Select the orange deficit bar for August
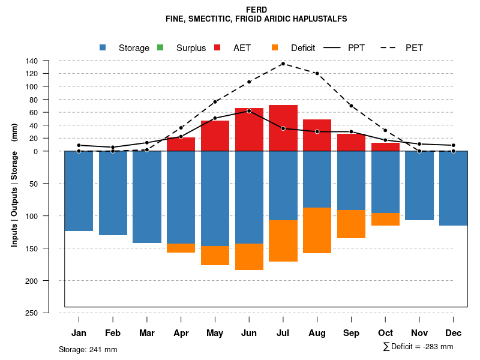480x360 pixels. tap(317, 230)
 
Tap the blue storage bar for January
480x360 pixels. tap(79, 191)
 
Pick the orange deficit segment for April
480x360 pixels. tap(181, 248)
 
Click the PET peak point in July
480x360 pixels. tap(283, 64)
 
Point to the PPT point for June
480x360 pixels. tap(249, 111)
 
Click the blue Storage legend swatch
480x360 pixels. tap(103, 47)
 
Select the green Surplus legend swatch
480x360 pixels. tap(160, 47)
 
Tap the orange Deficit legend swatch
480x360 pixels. tap(275, 47)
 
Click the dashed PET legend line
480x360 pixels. tap(391, 47)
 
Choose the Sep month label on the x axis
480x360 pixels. tap(351, 333)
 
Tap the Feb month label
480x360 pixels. tap(113, 333)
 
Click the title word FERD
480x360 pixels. tap(257, 10)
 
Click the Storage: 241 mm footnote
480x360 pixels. tap(88, 349)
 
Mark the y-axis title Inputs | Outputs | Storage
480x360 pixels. tap(14, 185)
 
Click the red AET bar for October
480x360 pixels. tap(385, 147)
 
